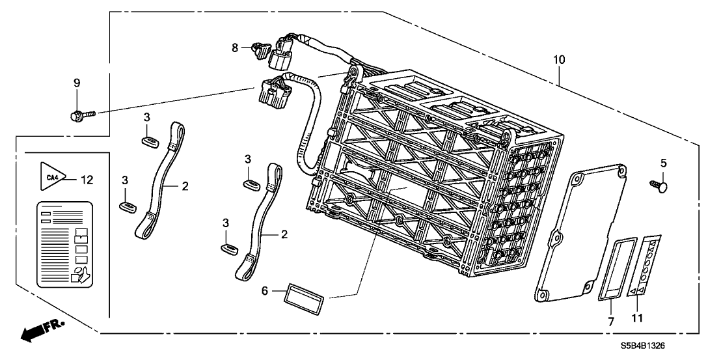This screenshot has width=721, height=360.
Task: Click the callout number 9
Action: point(76,83)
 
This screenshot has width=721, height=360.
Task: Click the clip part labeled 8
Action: point(258,46)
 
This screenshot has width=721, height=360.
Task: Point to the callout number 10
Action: point(558,60)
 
